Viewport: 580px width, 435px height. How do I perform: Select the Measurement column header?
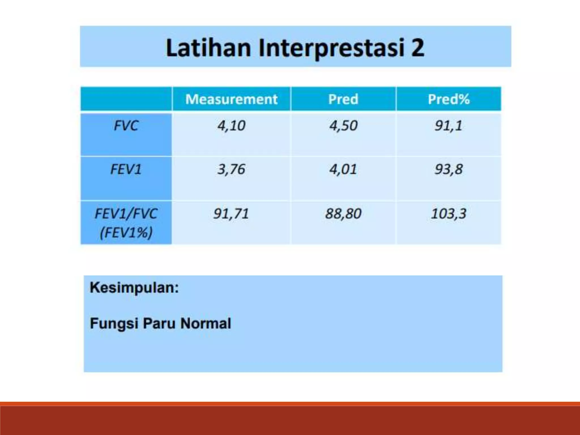[x=231, y=99]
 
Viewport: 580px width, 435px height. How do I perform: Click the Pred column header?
[x=343, y=99]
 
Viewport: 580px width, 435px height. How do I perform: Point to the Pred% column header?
[x=449, y=99]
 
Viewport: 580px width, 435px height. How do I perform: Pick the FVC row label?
[x=126, y=125]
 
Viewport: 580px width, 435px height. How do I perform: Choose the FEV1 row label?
[x=126, y=169]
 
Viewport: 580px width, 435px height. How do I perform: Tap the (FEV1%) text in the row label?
[x=126, y=233]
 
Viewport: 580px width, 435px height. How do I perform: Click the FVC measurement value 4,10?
[x=231, y=125]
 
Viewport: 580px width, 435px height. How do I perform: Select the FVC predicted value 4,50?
[x=343, y=125]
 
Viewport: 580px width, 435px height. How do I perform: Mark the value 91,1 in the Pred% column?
[x=449, y=125]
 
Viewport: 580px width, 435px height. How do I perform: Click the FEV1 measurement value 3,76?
[x=231, y=169]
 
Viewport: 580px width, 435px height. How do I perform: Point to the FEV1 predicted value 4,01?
[x=343, y=169]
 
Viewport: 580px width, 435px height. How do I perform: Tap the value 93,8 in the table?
[x=449, y=169]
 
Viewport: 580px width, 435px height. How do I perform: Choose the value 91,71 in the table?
[x=231, y=214]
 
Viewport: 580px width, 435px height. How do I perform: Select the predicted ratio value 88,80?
[x=343, y=214]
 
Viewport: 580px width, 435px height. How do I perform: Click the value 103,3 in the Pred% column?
[x=449, y=214]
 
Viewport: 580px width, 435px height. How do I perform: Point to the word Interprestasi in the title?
[x=331, y=48]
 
